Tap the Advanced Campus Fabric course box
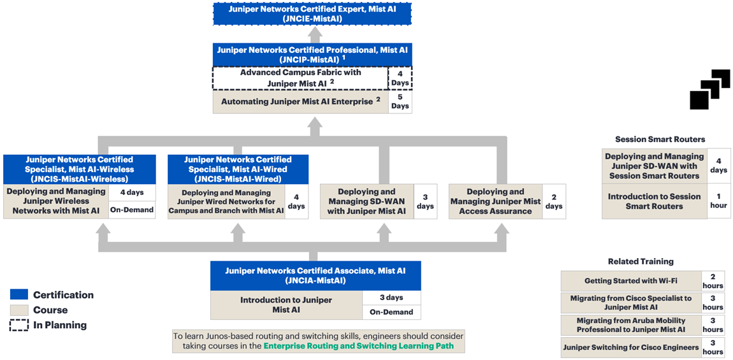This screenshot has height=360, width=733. [x=301, y=78]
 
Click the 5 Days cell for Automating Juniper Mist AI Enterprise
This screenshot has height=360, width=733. [x=400, y=102]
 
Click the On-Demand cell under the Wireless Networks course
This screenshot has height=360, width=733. [x=132, y=210]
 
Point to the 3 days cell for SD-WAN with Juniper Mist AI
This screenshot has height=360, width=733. [x=425, y=201]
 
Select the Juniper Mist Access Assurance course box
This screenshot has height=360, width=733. [x=495, y=201]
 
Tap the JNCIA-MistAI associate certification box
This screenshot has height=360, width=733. [x=316, y=276]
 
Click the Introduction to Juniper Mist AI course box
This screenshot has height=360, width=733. [x=287, y=305]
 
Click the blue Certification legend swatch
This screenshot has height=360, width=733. [x=18, y=294]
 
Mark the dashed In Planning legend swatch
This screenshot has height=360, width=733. [x=18, y=325]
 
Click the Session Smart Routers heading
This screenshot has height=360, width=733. [x=660, y=140]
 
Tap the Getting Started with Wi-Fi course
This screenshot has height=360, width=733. [x=630, y=281]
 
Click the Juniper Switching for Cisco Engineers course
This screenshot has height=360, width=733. [x=630, y=347]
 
